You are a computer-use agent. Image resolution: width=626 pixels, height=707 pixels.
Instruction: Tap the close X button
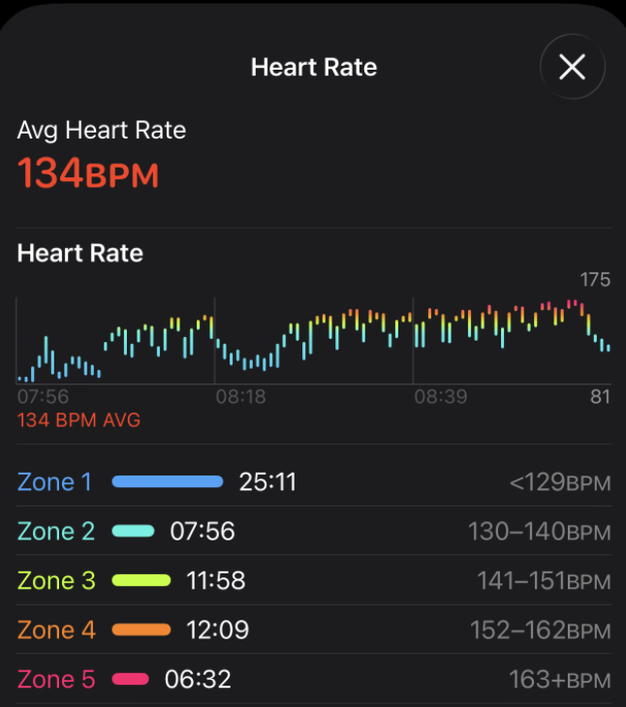tap(573, 67)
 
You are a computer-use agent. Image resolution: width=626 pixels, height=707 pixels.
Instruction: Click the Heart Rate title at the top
tap(314, 67)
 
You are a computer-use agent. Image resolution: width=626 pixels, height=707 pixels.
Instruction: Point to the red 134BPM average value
tap(88, 174)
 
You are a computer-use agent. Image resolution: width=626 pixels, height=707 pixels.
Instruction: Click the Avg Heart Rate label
tap(102, 130)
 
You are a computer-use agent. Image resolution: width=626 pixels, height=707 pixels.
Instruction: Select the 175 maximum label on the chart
tap(595, 280)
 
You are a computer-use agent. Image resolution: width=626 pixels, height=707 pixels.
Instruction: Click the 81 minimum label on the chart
tap(600, 397)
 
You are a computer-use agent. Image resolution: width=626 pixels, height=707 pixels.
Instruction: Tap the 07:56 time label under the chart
tap(43, 397)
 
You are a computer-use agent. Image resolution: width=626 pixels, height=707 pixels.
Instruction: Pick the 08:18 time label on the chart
tap(241, 397)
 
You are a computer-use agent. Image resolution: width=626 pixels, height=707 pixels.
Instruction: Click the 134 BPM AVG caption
tap(79, 419)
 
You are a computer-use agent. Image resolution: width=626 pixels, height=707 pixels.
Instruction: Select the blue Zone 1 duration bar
tap(168, 481)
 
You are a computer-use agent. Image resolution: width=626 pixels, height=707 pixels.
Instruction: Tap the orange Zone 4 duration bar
tap(141, 630)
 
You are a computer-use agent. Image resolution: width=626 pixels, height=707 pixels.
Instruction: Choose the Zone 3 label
tap(56, 581)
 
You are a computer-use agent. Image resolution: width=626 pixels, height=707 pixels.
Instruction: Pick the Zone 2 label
tap(56, 531)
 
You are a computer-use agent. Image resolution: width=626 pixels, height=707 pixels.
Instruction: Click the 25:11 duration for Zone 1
tap(267, 482)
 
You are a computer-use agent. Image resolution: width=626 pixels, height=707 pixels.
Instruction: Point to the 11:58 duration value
tap(215, 581)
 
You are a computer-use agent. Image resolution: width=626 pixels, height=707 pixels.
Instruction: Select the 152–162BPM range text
tap(541, 630)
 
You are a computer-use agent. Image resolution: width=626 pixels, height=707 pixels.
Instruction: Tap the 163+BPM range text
tap(560, 680)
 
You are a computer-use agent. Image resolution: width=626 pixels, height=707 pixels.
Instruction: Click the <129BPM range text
tap(560, 482)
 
